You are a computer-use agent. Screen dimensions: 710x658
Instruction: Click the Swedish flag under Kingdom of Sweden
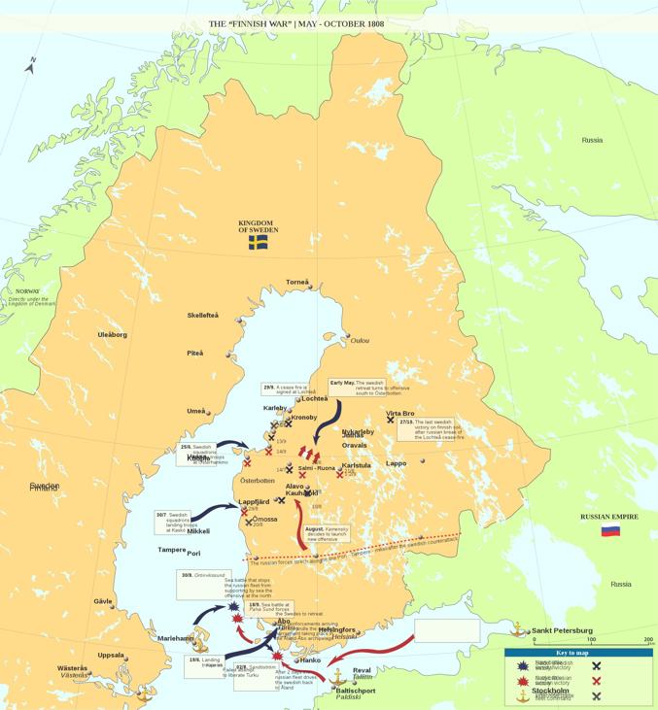(258, 243)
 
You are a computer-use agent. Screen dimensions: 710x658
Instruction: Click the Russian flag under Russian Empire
(610, 530)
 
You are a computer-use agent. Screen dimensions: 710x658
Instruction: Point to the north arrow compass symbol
(31, 65)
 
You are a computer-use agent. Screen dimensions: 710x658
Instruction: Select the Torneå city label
(296, 283)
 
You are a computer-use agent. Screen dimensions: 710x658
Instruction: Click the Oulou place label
(360, 340)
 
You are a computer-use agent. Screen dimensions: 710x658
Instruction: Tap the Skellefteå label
(203, 315)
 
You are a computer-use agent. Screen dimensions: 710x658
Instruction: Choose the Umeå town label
(196, 411)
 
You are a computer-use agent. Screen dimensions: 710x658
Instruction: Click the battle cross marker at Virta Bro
(391, 421)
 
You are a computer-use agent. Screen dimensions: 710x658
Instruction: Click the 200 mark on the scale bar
(648, 639)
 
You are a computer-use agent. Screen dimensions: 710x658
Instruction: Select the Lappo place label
(396, 463)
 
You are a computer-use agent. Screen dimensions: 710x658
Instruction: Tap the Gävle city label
(102, 601)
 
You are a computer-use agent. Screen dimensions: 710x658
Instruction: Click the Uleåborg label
(112, 334)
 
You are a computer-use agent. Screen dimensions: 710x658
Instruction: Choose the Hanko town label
(310, 660)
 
